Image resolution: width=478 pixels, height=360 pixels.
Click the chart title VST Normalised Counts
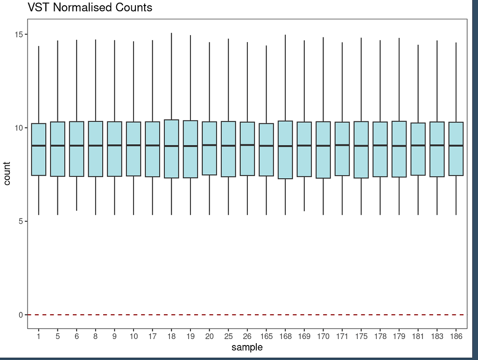[x=90, y=8]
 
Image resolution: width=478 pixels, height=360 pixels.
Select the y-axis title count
[x=7, y=174]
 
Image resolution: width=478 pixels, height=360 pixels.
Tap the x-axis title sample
[x=247, y=347]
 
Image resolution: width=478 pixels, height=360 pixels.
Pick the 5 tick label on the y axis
[x=21, y=221]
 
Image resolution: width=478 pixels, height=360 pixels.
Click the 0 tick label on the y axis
[x=21, y=315]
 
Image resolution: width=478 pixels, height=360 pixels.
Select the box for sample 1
[x=39, y=149]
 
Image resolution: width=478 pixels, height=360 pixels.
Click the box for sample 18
[x=171, y=149]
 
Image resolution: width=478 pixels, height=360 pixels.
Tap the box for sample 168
[x=285, y=150]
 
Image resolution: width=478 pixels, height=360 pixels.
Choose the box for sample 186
[x=456, y=149]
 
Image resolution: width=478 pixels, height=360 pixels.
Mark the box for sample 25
[x=228, y=149]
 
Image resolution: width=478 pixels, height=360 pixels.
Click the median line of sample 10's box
[x=134, y=145]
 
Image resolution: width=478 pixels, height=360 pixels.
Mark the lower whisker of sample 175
[x=361, y=196]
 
